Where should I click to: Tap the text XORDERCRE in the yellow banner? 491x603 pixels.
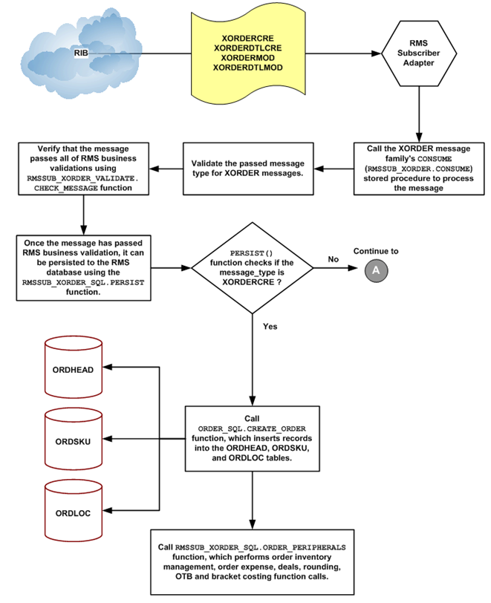(247, 36)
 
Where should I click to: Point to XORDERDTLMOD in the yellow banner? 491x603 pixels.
(247, 68)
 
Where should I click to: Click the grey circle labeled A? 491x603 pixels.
(375, 271)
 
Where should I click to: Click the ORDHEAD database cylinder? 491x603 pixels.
(74, 370)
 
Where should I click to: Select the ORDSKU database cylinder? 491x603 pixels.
(74, 441)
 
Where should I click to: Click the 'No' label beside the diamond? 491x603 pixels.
(333, 260)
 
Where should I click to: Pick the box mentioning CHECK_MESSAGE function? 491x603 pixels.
(84, 168)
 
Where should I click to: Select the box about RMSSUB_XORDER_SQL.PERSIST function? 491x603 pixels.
(84, 266)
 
